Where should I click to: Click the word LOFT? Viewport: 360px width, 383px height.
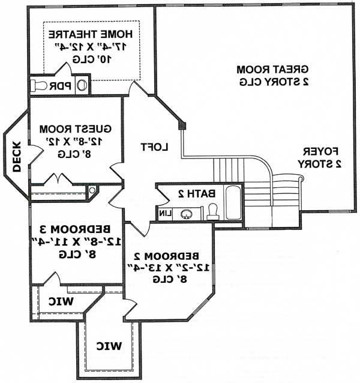click(x=154, y=146)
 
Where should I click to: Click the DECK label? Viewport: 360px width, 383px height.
click(x=17, y=156)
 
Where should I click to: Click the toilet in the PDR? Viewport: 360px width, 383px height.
click(x=40, y=85)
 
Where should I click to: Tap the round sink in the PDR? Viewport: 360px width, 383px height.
click(x=82, y=86)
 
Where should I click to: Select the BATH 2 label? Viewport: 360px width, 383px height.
click(x=196, y=194)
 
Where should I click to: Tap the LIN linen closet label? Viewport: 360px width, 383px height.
click(x=165, y=213)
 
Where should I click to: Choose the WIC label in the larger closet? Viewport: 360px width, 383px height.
click(x=109, y=346)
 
